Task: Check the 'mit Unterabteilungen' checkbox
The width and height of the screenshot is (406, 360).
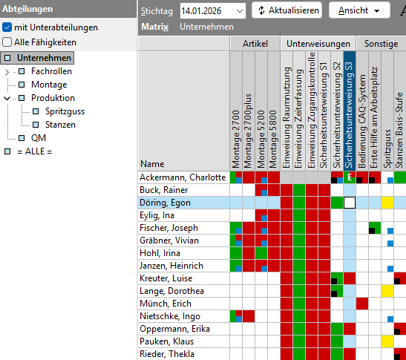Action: [x=7, y=27]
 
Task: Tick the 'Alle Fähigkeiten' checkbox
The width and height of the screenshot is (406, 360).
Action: [x=7, y=42]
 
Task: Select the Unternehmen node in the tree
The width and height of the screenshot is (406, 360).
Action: [x=44, y=58]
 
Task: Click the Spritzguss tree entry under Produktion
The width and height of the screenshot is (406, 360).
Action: [x=65, y=111]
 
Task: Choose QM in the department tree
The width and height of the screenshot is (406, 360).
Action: [x=37, y=138]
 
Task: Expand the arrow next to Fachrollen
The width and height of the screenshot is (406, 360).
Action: [x=7, y=71]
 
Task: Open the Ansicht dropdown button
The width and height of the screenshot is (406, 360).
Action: [x=359, y=10]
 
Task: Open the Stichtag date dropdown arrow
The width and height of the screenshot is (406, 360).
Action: [x=238, y=10]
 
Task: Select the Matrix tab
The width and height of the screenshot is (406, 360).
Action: [x=154, y=27]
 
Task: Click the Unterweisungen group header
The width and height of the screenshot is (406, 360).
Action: [x=318, y=45]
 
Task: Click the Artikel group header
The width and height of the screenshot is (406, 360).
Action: [x=255, y=45]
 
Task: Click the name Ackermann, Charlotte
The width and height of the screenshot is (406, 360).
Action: [x=182, y=177]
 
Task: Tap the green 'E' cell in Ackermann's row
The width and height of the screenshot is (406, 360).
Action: [x=350, y=177]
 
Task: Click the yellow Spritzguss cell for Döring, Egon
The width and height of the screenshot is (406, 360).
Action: [x=387, y=203]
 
